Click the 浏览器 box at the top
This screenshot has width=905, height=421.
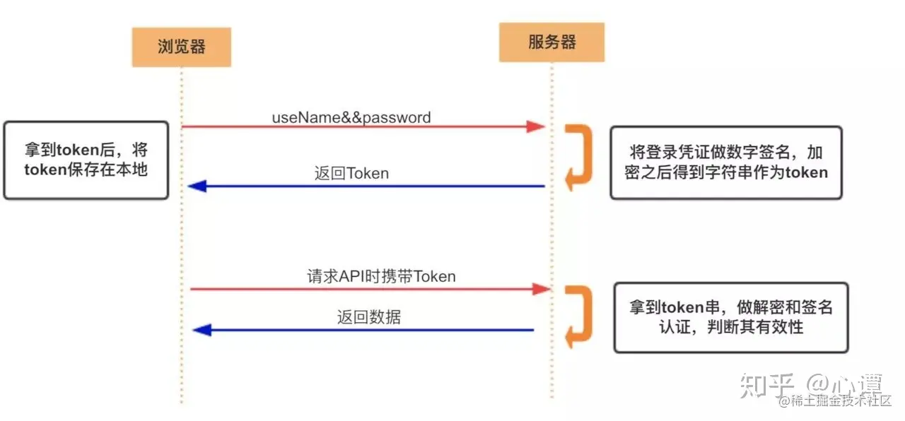pyautogui.click(x=181, y=47)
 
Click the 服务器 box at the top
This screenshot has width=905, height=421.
pyautogui.click(x=551, y=42)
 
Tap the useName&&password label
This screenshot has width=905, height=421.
pyautogui.click(x=351, y=117)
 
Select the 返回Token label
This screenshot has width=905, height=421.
pyautogui.click(x=351, y=173)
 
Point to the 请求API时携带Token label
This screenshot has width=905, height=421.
pyautogui.click(x=381, y=276)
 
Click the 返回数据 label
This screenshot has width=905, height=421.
pyautogui.click(x=368, y=317)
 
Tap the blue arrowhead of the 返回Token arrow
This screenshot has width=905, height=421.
pyautogui.click(x=197, y=186)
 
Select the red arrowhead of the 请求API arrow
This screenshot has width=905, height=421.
pyautogui.click(x=541, y=288)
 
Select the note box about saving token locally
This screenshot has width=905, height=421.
pyautogui.click(x=86, y=160)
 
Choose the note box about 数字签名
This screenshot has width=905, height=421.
pyautogui.click(x=726, y=162)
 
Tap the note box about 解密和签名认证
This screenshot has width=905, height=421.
pyautogui.click(x=730, y=317)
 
